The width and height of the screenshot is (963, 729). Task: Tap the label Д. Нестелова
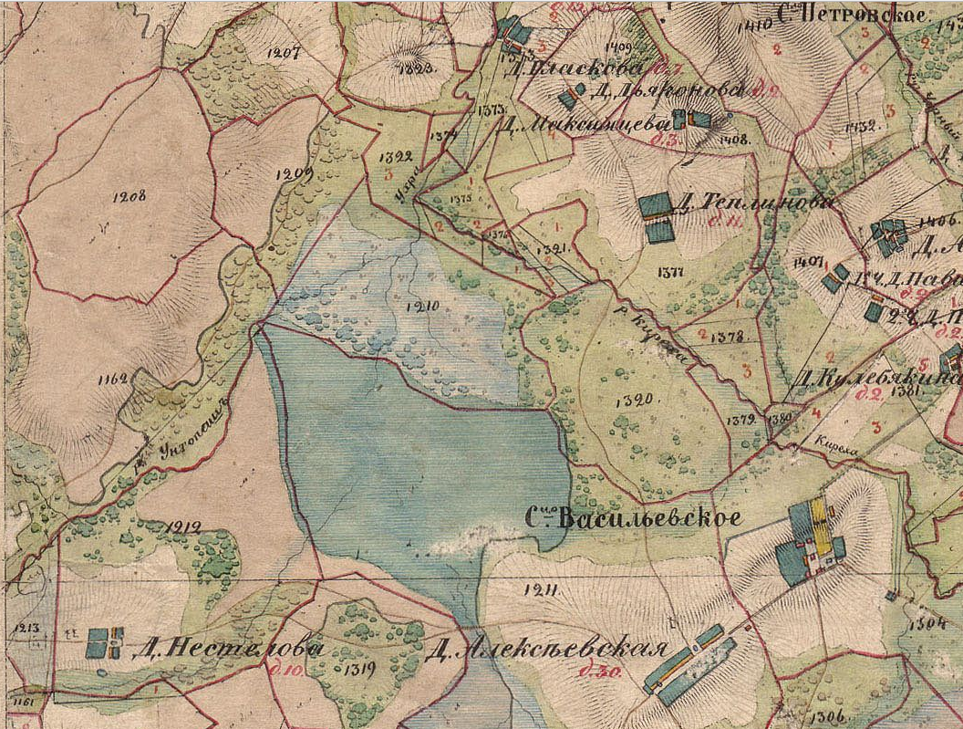click(227, 650)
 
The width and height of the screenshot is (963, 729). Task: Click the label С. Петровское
click(853, 14)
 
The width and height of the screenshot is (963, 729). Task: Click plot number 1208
click(129, 195)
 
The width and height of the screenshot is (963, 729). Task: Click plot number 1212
click(183, 526)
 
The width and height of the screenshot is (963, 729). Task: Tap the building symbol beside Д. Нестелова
click(105, 641)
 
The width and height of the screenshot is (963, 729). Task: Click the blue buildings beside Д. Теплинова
click(657, 218)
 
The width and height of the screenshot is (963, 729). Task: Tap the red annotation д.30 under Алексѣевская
click(595, 673)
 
